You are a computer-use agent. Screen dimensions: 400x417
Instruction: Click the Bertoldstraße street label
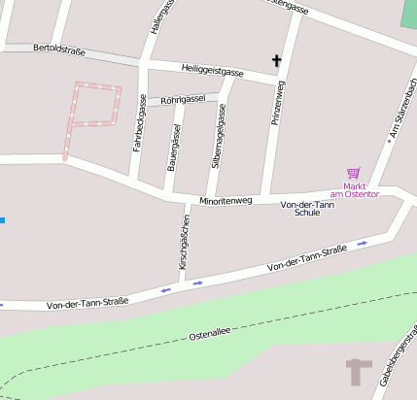tap(60, 47)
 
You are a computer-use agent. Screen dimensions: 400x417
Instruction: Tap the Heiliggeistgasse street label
tap(213, 70)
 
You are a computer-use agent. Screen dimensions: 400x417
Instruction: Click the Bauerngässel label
tap(174, 147)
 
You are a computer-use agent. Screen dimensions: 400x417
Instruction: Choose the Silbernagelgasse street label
tap(220, 143)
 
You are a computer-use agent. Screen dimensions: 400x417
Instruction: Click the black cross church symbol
tap(276, 61)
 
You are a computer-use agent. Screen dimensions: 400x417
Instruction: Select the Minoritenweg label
tap(226, 201)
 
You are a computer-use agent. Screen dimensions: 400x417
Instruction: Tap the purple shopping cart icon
tap(353, 173)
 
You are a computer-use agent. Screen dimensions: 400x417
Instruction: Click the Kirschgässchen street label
tap(183, 242)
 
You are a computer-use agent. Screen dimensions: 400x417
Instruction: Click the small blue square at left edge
tap(2, 220)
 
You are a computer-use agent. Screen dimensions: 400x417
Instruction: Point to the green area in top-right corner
tap(409, 14)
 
